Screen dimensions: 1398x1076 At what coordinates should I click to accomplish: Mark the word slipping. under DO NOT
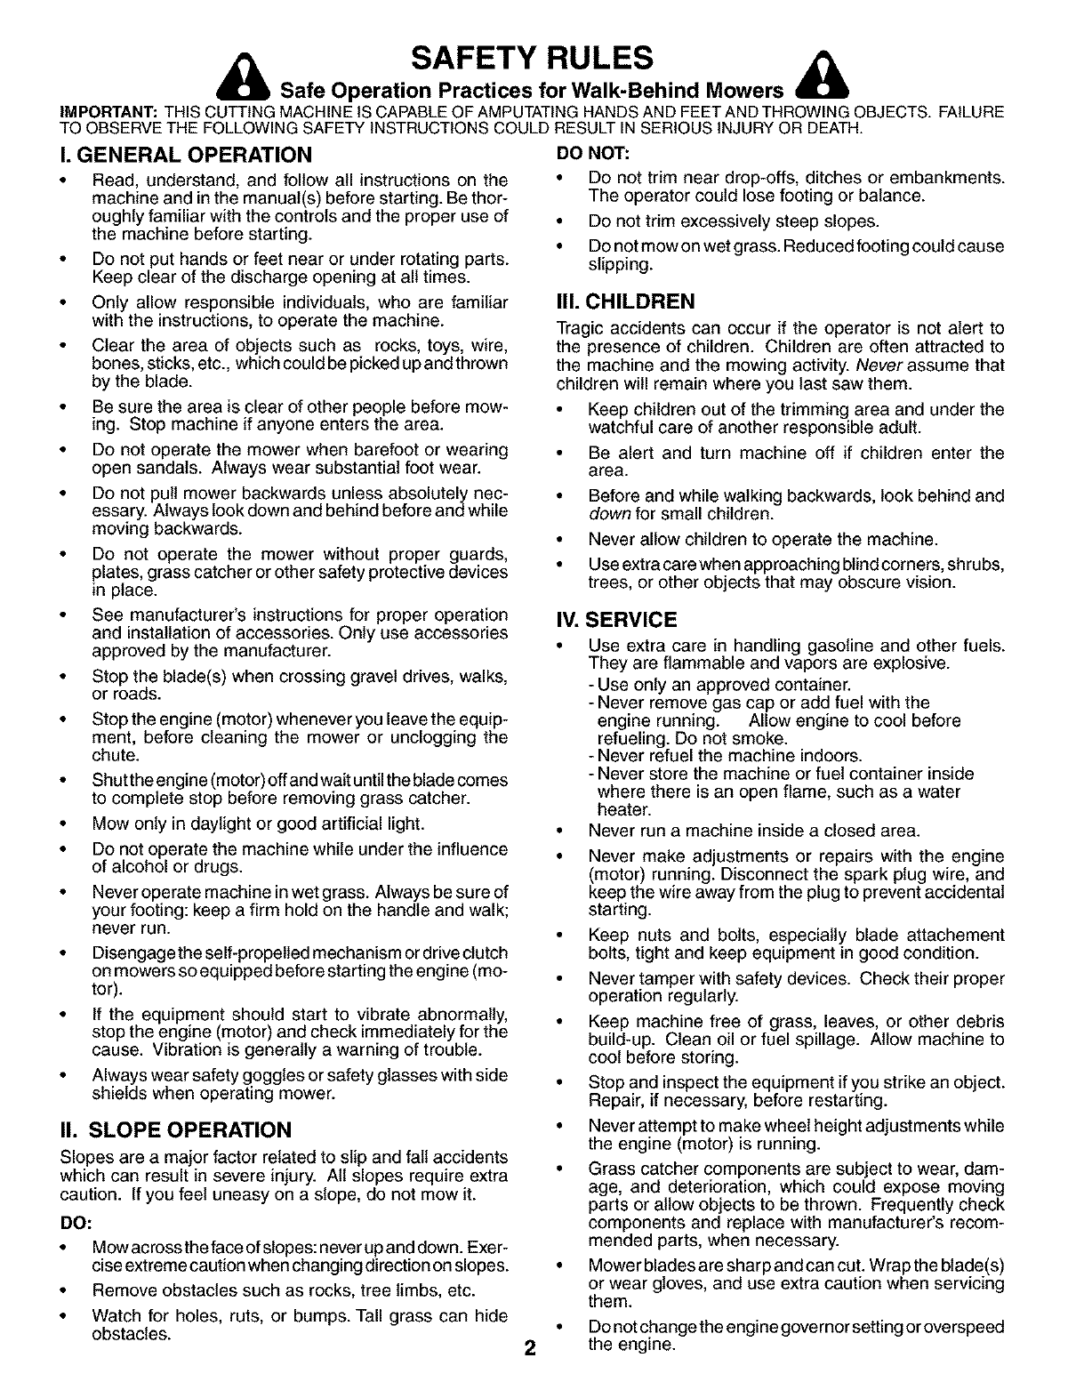point(621,265)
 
